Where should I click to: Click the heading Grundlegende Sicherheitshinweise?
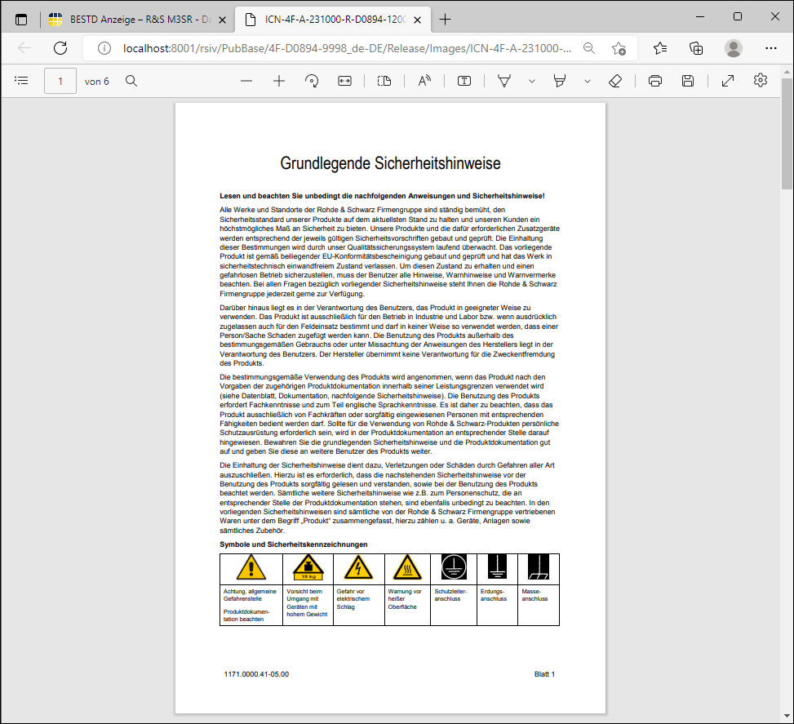(x=390, y=163)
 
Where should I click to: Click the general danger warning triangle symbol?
(x=251, y=567)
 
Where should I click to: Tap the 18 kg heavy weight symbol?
(x=308, y=567)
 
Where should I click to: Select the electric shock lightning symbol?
(x=358, y=567)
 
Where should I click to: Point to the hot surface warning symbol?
(x=407, y=567)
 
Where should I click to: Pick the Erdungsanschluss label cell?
(x=494, y=595)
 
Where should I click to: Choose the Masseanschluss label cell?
(x=535, y=595)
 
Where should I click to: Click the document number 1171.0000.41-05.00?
(x=256, y=674)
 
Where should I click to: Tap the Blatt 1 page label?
(x=544, y=674)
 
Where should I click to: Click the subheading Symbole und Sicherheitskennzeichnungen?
(x=293, y=544)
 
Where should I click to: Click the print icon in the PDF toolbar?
(x=654, y=81)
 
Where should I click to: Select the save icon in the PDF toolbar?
(x=688, y=81)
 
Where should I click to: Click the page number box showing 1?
(x=60, y=81)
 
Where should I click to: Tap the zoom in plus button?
(x=279, y=81)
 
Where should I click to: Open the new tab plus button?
(x=445, y=19)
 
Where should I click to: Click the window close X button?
(x=774, y=16)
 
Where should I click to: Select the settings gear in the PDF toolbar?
(x=761, y=81)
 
